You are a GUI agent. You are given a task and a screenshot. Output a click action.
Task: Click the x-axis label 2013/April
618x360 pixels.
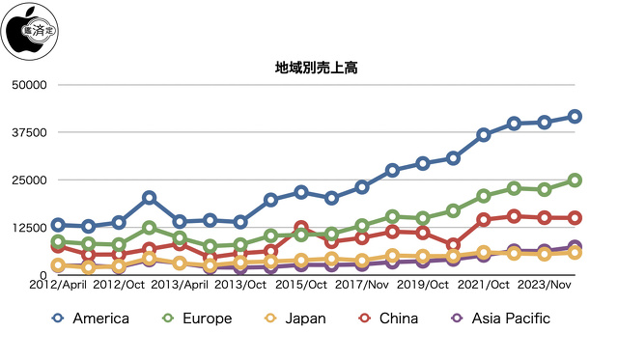pos(180,286)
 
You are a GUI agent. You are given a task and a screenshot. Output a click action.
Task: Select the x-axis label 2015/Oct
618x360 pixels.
pos(300,286)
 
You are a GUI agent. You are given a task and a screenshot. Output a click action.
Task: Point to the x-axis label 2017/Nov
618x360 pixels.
pos(363,286)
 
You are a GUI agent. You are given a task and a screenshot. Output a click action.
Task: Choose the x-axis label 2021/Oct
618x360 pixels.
pos(486,286)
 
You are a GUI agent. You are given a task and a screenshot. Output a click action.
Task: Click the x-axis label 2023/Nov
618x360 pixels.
pos(547,286)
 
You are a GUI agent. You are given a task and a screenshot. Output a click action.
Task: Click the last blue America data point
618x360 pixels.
pos(575,117)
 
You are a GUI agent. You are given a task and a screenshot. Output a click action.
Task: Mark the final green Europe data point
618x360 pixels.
pos(575,180)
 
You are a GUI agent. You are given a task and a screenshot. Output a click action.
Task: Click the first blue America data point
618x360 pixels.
pos(58,225)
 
